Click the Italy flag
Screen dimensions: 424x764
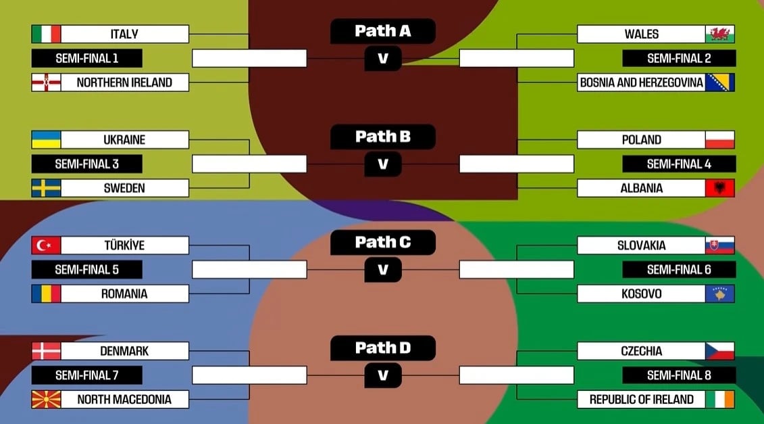pos(46,34)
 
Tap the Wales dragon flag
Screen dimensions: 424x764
pos(720,34)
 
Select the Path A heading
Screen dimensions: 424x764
pos(383,30)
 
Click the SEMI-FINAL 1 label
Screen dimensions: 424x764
pos(87,58)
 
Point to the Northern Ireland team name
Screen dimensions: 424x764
pos(124,83)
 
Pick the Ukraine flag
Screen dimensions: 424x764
pos(46,140)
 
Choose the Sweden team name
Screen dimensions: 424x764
pos(124,188)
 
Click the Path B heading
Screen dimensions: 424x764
pos(383,137)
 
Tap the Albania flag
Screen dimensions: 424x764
pos(720,188)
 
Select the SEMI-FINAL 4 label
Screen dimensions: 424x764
pos(679,164)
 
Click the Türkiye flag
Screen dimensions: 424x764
pos(46,245)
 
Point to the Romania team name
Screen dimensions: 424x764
pos(124,293)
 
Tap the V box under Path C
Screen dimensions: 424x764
pos(383,270)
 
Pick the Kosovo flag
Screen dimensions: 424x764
pos(720,293)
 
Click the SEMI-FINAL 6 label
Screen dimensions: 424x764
pos(679,269)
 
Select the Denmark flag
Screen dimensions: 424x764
pos(46,351)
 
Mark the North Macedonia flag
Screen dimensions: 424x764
pos(46,399)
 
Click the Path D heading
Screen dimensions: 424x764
pos(383,348)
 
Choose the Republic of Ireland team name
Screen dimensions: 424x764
pos(641,399)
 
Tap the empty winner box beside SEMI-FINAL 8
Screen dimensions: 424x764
pos(517,375)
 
